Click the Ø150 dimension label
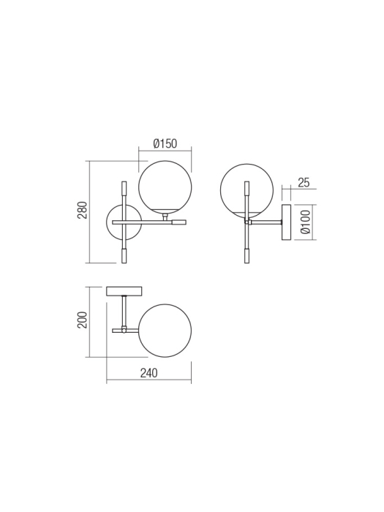(165, 143)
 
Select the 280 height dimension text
(83, 211)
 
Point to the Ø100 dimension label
(306, 221)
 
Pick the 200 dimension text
(83, 320)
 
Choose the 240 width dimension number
(148, 373)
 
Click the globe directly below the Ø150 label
(165, 187)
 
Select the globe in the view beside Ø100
(246, 190)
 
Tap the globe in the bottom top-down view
(165, 331)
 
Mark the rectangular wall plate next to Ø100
(287, 221)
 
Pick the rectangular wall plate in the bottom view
(124, 291)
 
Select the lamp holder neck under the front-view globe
(165, 216)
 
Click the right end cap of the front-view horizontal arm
(179, 222)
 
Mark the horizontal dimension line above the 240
(148, 381)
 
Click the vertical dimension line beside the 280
(89, 211)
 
